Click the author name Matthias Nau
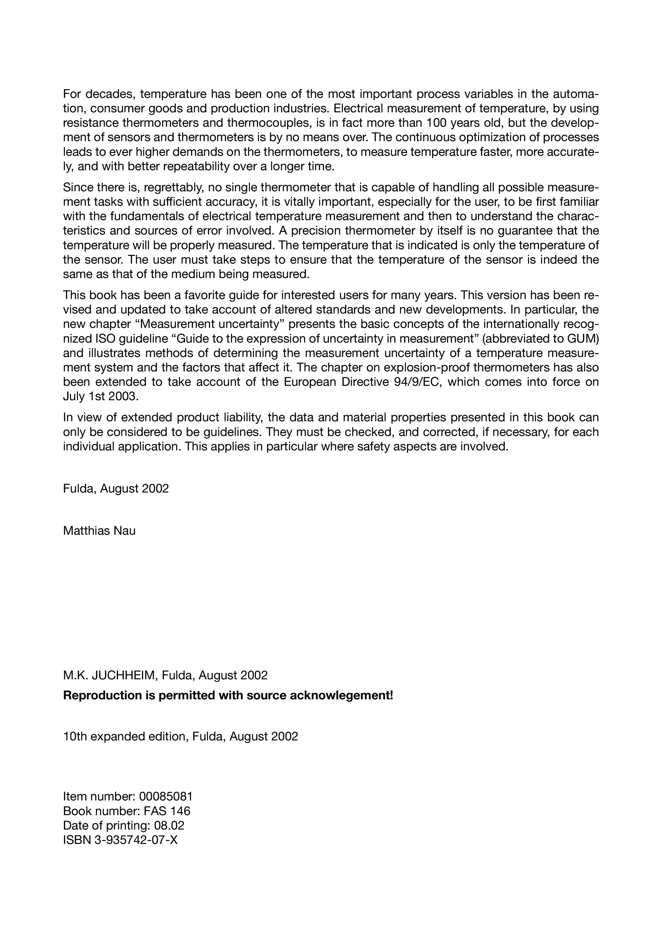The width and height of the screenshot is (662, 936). click(99, 531)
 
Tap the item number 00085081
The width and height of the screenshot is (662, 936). click(166, 796)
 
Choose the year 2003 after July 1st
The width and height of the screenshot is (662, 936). click(124, 396)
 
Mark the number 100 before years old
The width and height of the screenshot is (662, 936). click(439, 123)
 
